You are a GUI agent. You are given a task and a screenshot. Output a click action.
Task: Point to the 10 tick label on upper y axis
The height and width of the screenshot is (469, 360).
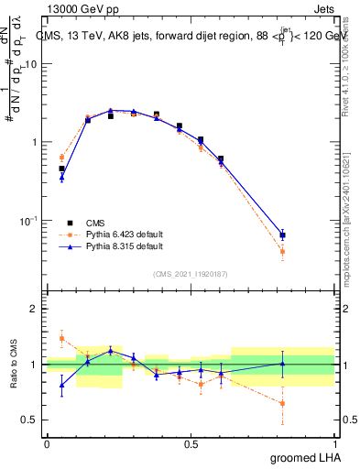coord(30,64)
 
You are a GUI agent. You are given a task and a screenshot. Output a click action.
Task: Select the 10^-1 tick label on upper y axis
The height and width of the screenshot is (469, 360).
coord(27,221)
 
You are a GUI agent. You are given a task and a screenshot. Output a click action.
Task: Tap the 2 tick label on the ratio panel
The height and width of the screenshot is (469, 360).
coord(34,310)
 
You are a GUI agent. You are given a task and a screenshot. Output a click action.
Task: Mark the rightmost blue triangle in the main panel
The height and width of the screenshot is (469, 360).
coord(282,235)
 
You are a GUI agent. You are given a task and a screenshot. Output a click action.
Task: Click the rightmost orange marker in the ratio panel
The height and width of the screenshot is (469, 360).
coord(282,403)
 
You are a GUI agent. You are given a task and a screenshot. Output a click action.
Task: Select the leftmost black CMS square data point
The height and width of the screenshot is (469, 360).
coord(61,169)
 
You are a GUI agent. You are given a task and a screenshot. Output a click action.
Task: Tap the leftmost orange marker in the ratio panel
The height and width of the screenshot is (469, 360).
coord(61,338)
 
